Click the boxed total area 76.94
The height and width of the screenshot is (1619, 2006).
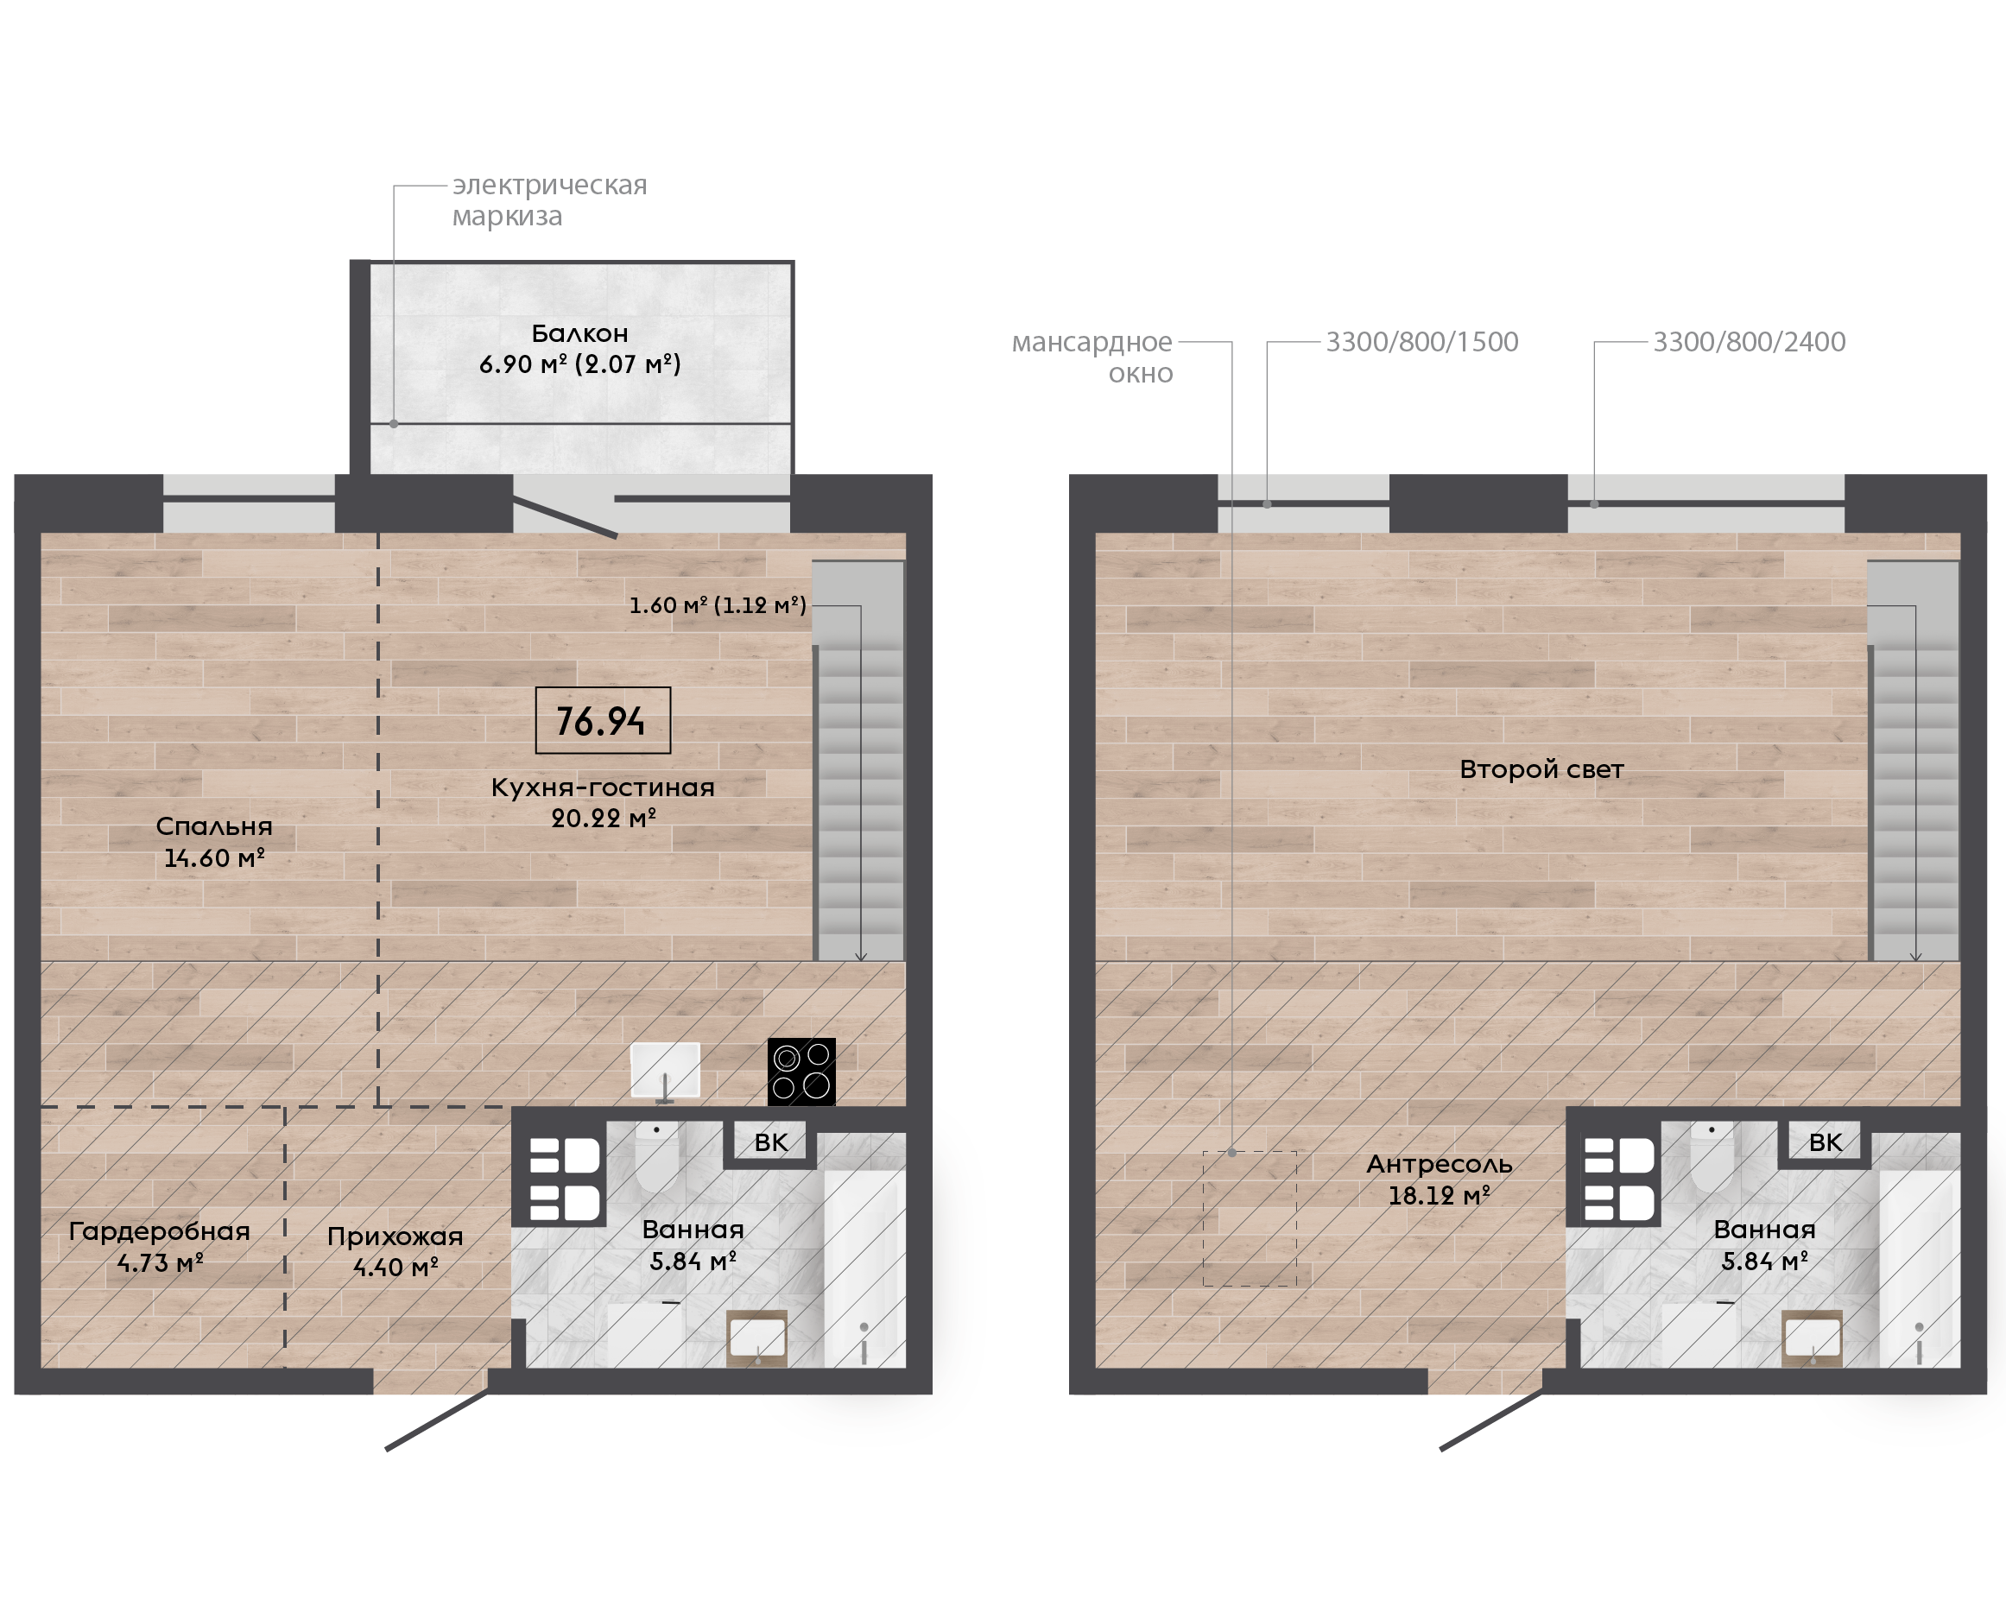[603, 720]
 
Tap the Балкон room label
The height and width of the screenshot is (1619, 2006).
[579, 334]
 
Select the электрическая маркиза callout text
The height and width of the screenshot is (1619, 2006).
[549, 200]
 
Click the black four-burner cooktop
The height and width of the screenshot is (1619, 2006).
[801, 1072]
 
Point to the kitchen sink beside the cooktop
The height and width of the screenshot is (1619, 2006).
[665, 1071]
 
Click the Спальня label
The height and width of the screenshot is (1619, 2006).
[214, 826]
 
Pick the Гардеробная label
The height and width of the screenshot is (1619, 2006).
[160, 1231]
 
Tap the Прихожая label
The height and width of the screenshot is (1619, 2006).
[396, 1236]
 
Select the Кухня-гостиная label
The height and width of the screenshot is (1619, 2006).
[604, 787]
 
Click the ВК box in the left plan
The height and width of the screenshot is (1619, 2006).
[770, 1142]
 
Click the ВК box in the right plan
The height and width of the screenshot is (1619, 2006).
[1825, 1142]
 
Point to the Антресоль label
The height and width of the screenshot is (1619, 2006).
[1439, 1164]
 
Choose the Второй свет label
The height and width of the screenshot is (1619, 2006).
[1541, 769]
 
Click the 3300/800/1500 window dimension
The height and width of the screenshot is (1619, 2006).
[1422, 342]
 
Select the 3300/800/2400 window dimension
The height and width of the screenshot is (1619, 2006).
[1750, 342]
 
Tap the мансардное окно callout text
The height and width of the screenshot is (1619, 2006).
[1092, 357]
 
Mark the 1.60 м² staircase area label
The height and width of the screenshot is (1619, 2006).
[717, 605]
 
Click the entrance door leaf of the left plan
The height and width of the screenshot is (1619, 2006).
[436, 1420]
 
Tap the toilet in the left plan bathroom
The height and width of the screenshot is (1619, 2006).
[657, 1156]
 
